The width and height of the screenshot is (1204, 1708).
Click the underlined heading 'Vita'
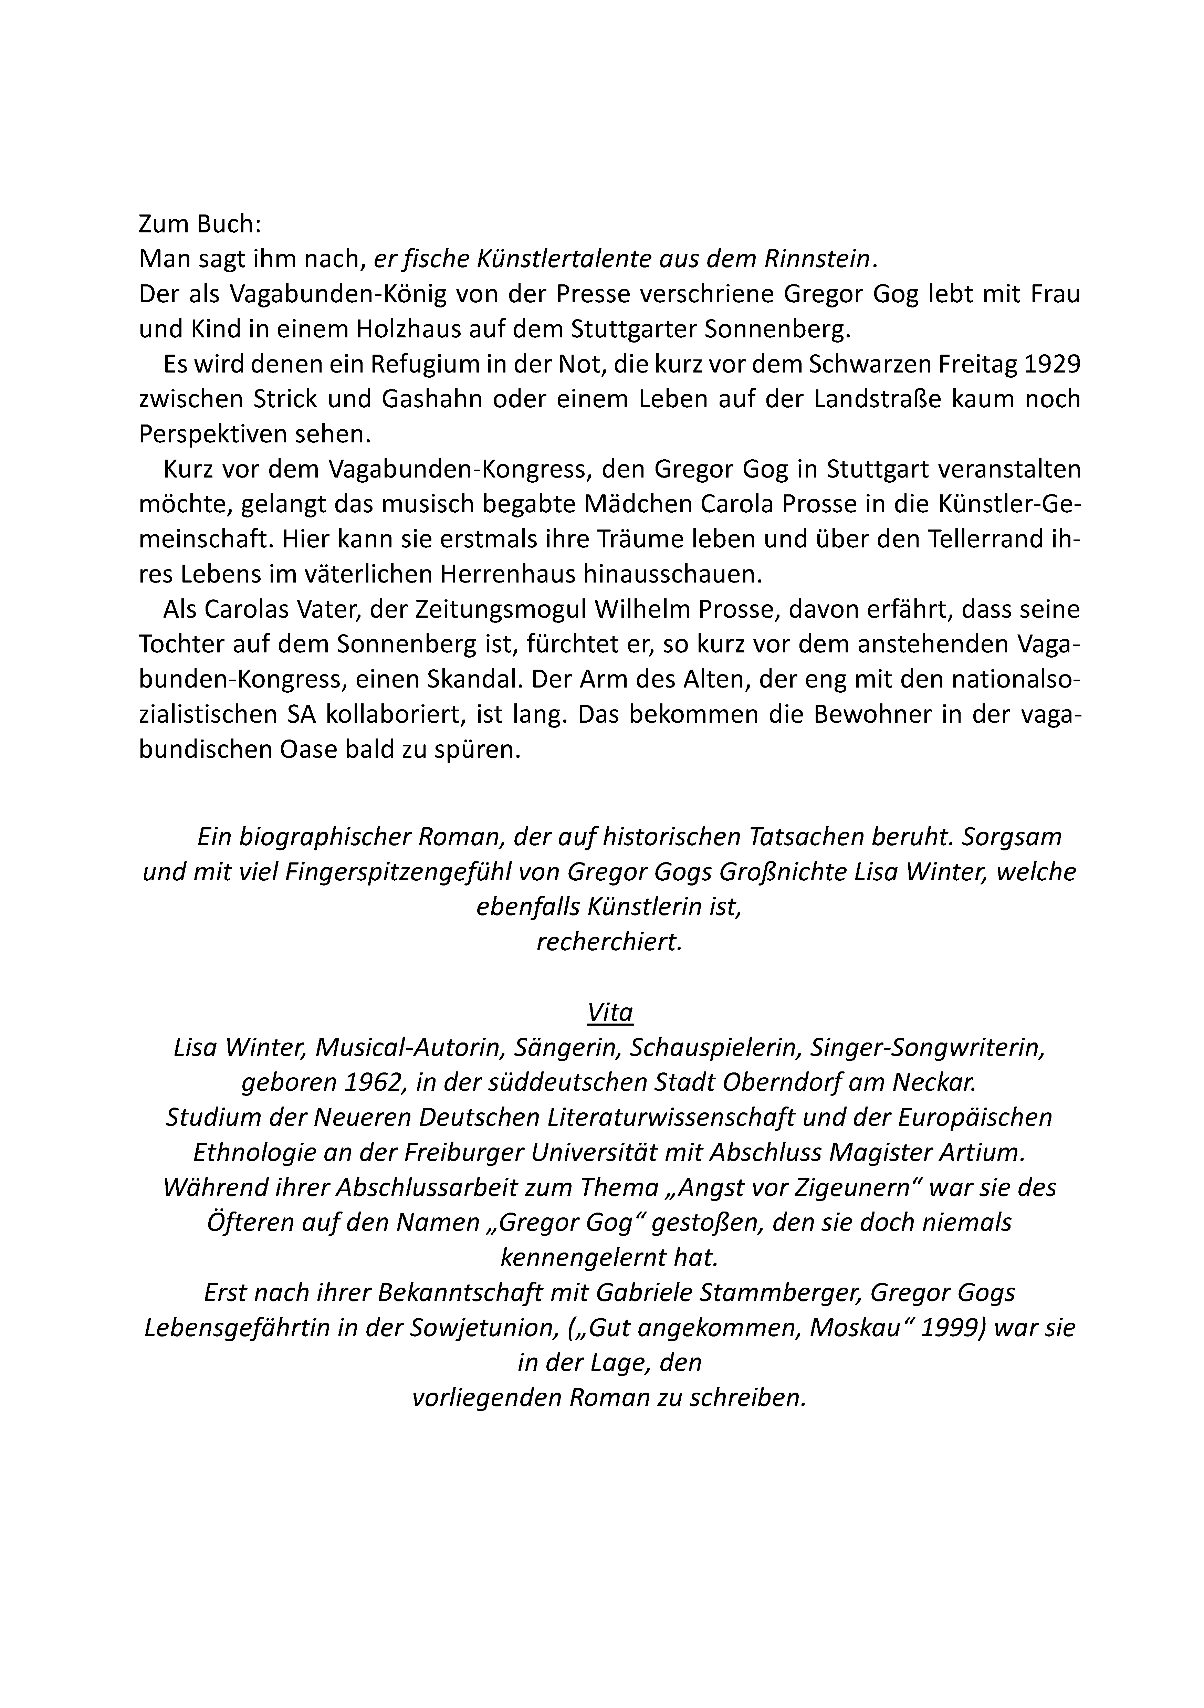tap(609, 1013)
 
